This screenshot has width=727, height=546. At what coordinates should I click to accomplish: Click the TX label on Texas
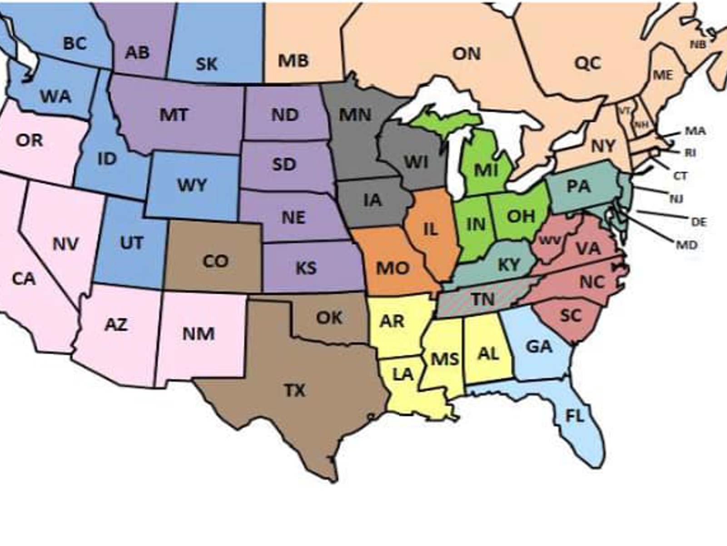tap(295, 390)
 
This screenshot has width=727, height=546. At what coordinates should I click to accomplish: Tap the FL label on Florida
tap(575, 415)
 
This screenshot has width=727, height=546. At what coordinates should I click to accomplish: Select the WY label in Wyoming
tap(192, 185)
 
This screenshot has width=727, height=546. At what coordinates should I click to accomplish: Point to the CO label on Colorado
tap(215, 261)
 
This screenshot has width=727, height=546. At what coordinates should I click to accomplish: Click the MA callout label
tap(695, 131)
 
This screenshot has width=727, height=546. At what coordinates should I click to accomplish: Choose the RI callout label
tap(690, 153)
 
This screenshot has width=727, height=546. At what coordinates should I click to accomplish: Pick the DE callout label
tap(699, 222)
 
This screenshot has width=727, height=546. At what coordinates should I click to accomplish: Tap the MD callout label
tap(687, 245)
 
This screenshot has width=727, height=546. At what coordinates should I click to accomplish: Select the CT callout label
tap(680, 176)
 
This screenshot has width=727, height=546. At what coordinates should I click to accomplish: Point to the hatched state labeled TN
tap(483, 299)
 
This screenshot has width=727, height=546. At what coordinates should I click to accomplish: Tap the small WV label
tap(550, 240)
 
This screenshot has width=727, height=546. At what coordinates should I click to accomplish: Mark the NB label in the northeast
tap(698, 45)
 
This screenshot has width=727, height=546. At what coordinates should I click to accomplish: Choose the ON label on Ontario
tap(466, 54)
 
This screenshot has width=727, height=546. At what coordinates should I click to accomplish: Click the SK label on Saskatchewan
tap(207, 64)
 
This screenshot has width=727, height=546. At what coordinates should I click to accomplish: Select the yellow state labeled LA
tap(403, 374)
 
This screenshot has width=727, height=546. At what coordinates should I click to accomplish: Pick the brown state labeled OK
tap(329, 317)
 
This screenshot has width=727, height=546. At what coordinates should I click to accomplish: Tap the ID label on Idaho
tap(107, 159)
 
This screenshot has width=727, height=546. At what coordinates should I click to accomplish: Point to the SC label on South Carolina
tap(571, 315)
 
